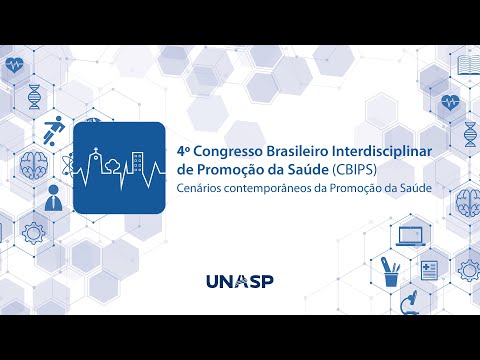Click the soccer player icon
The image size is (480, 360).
pyautogui.click(x=53, y=132)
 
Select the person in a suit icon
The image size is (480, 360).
pyautogui.click(x=53, y=201)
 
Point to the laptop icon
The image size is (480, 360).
pyautogui.click(x=411, y=236)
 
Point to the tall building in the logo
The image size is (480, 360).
pyautogui.click(x=141, y=162)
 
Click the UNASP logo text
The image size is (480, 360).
pyautogui.click(x=239, y=282)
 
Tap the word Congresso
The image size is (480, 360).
pyautogui.click(x=224, y=147)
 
